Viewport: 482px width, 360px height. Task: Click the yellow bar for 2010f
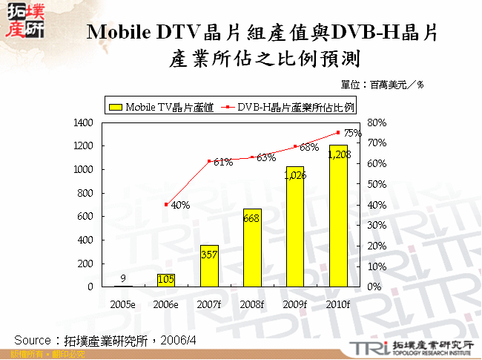338,223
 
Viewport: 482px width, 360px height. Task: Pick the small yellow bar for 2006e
165,280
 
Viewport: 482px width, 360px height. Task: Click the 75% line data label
352,133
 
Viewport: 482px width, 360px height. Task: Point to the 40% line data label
179,205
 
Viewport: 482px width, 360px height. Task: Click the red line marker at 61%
208,161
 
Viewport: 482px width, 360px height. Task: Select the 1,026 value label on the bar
295,175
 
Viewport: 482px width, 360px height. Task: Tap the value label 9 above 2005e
122,279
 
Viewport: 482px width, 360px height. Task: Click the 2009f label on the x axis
295,304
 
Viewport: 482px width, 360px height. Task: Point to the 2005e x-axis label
122,304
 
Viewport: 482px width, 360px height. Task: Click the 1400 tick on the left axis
83,122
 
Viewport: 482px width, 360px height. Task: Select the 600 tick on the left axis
86,216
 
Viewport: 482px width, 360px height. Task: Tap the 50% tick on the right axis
377,184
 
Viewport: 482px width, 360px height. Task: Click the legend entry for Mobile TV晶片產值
162,107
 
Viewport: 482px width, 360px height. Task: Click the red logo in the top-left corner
23,20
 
